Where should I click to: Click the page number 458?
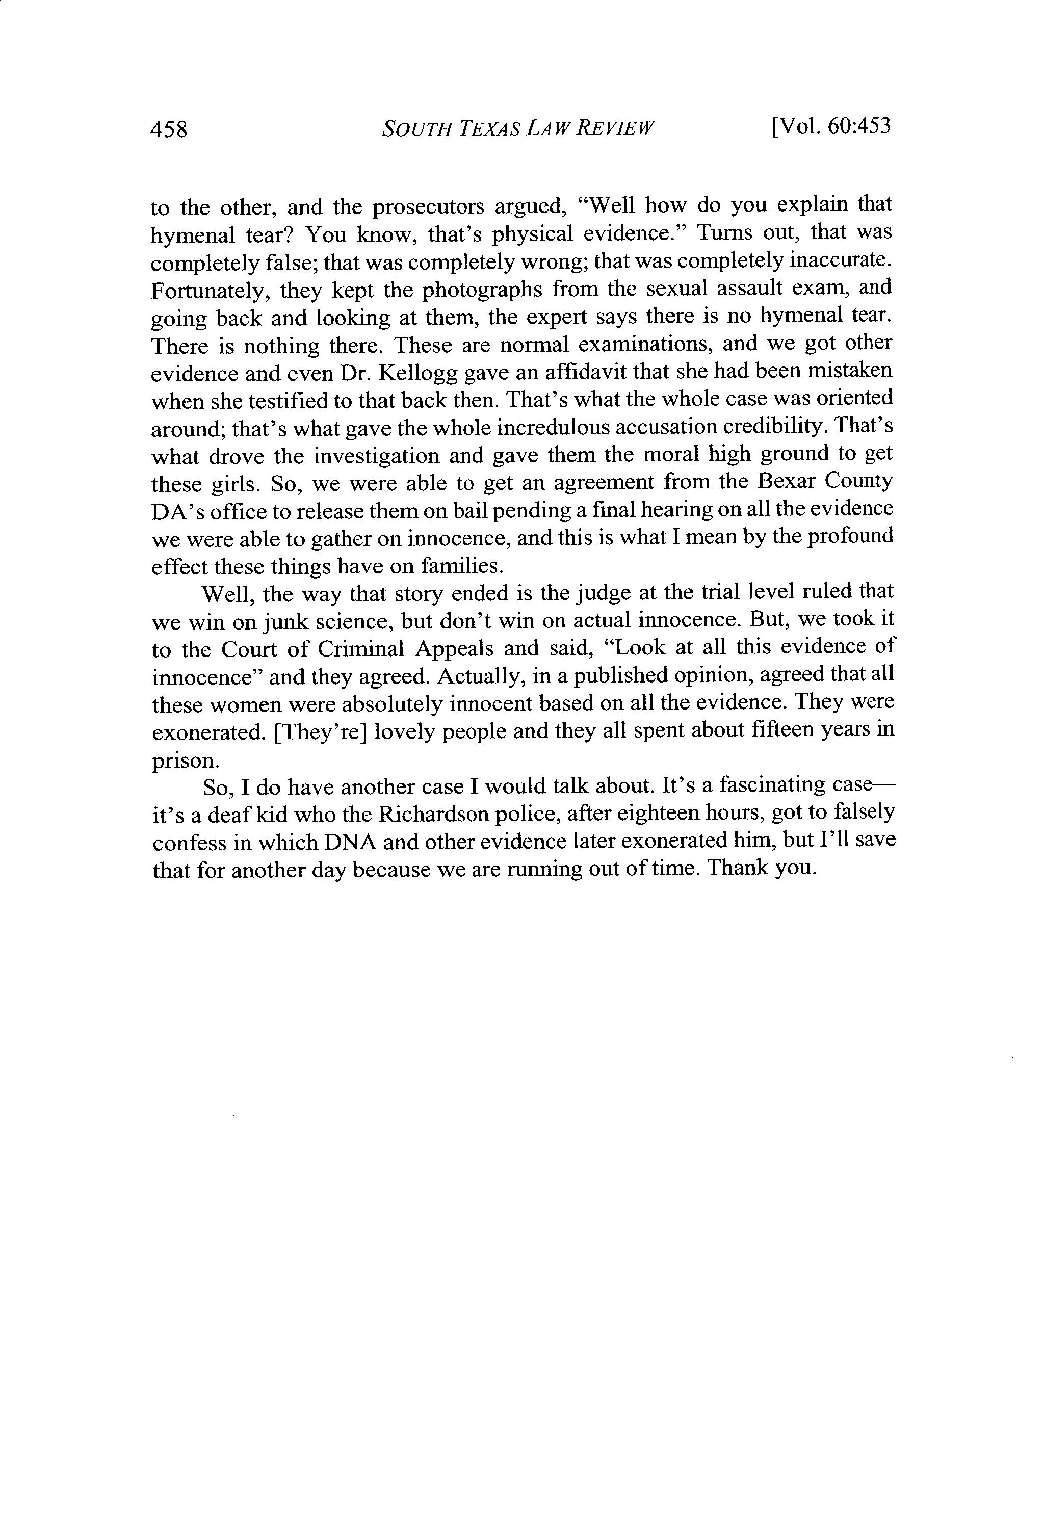169,129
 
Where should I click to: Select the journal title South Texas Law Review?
517,127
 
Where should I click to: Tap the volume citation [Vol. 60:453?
831,126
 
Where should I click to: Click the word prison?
185,760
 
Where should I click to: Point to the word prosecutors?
429,207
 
